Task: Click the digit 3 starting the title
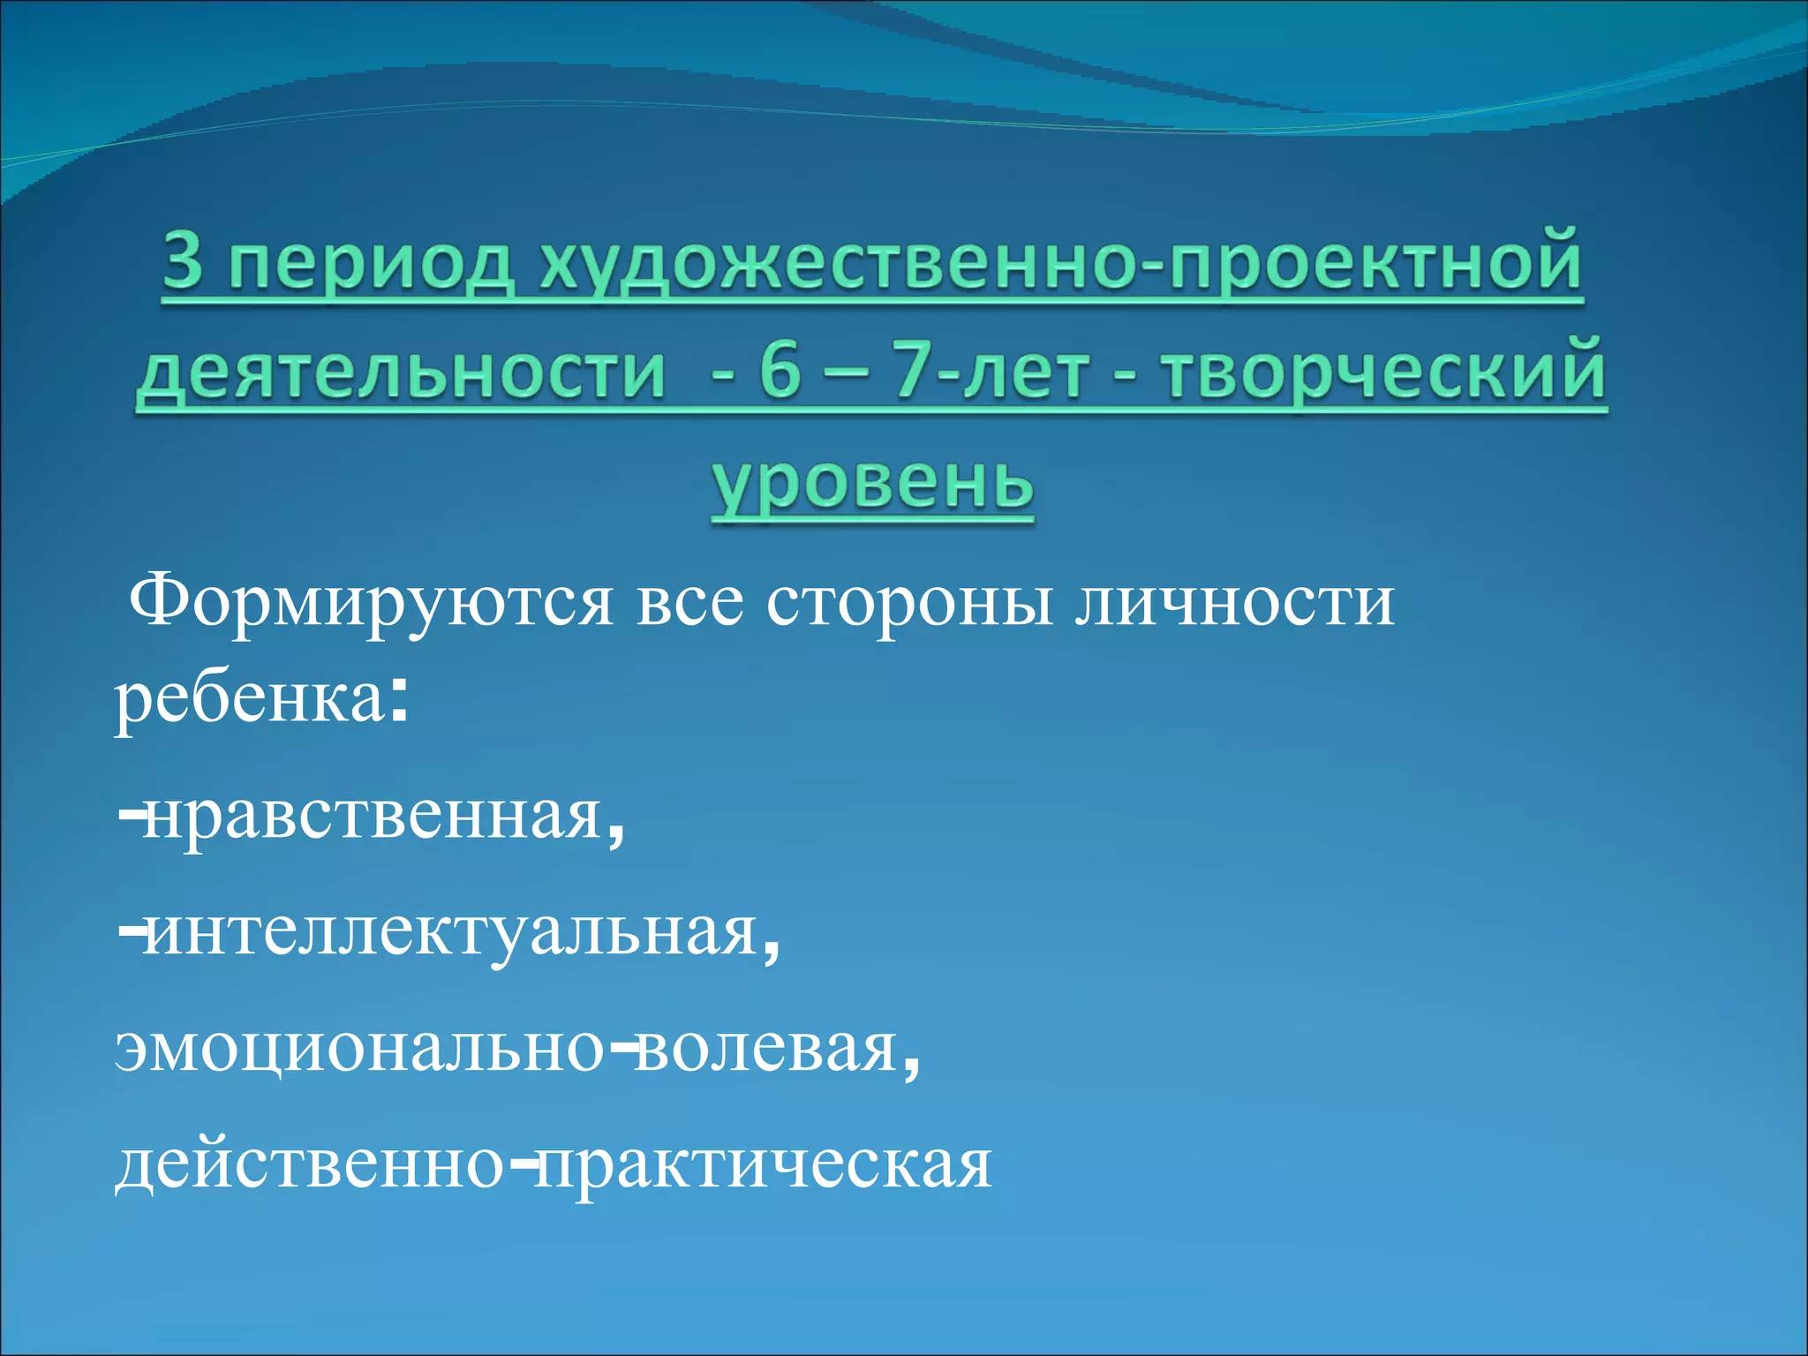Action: coord(183,262)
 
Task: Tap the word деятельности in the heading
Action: coord(402,373)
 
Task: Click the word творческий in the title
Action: coord(1382,373)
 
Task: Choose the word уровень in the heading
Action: coord(872,484)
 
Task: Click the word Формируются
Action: coord(371,604)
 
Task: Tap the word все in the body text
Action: coord(689,604)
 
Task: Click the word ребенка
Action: coord(249,701)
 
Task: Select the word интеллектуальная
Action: coord(451,932)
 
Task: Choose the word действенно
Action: coord(310,1165)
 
